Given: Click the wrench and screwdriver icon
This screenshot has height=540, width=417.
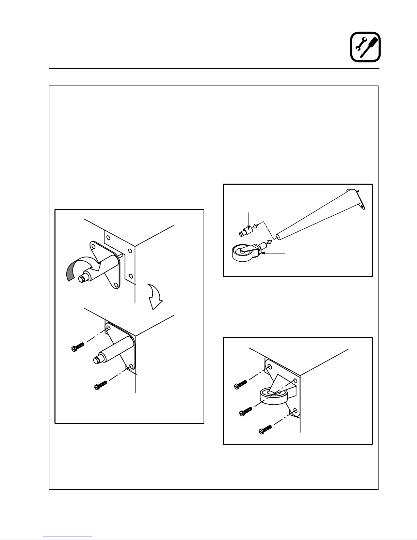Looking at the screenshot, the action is tap(365, 47).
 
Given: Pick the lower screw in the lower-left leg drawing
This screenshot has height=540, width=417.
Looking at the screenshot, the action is tap(100, 385).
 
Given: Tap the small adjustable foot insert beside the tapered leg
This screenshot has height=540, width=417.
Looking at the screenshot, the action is tap(245, 232).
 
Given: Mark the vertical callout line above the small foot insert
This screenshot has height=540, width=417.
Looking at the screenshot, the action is tap(250, 220).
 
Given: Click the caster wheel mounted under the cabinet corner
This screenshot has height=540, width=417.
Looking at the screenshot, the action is tap(274, 396).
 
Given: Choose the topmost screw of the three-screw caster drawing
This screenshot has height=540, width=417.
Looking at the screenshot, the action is tap(240, 384).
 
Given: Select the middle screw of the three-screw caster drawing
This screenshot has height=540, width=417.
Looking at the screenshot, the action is tap(245, 411).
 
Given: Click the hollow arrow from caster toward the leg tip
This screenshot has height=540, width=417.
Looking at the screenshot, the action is tap(269, 243).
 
